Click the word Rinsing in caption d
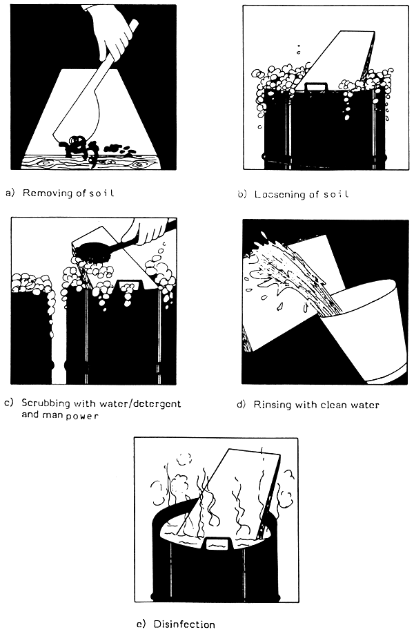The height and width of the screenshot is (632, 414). (x=271, y=405)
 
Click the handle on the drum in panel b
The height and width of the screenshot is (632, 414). (x=316, y=86)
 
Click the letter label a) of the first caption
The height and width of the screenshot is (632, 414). (x=10, y=193)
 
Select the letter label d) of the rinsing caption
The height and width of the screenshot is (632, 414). (x=241, y=405)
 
